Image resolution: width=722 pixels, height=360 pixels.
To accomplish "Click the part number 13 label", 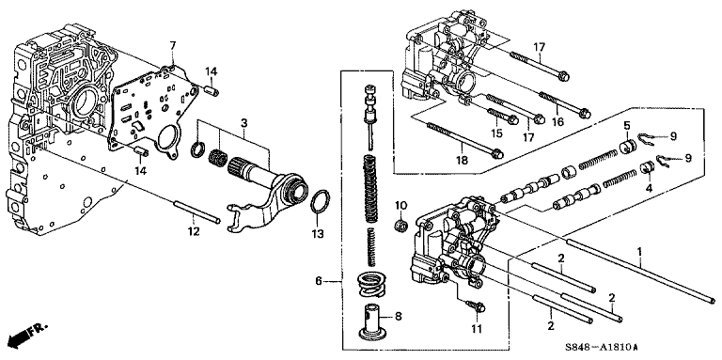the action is click(x=317, y=233).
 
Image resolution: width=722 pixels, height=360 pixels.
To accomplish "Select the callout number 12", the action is click(x=194, y=231).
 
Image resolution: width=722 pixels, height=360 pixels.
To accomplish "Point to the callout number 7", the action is click(x=173, y=45).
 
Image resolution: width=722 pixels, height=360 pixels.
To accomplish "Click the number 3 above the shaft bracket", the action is click(x=244, y=122).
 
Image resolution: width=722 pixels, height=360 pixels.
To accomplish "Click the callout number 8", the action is click(x=399, y=316).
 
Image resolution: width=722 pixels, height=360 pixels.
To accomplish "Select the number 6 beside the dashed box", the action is click(x=319, y=280).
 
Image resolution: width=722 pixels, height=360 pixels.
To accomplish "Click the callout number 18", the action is click(x=462, y=160).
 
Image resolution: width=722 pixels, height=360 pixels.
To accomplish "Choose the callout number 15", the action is click(x=495, y=133).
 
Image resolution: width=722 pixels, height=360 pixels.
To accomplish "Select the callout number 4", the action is click(x=649, y=188).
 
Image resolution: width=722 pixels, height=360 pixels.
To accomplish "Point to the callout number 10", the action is click(x=401, y=204).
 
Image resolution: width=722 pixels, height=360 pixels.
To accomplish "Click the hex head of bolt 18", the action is click(x=496, y=154).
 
